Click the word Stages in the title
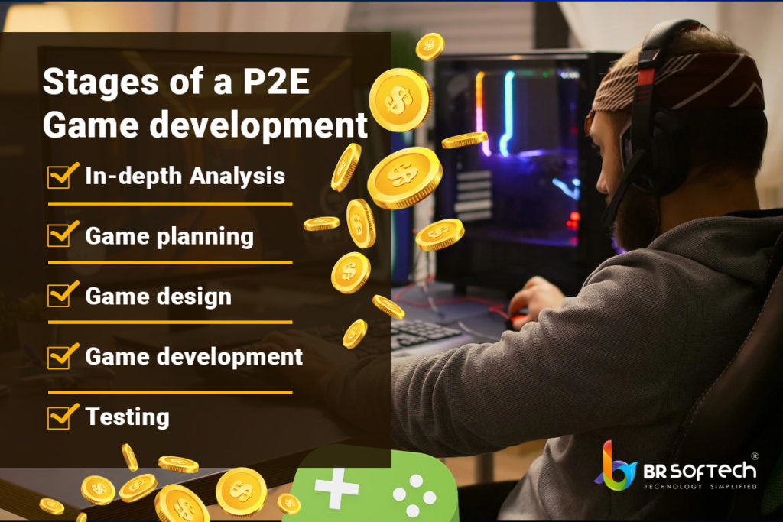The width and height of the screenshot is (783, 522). (100, 82)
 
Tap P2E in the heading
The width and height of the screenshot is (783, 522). (276, 81)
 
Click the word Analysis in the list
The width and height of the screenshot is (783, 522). (237, 177)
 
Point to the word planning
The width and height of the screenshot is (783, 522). (205, 237)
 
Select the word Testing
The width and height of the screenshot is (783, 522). (128, 417)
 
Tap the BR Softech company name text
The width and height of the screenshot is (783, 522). (699, 471)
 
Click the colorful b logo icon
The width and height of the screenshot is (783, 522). (616, 466)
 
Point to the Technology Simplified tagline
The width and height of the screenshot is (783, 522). (700, 487)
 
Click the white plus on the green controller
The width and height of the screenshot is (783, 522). (336, 487)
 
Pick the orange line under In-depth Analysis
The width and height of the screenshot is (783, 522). (170, 203)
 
